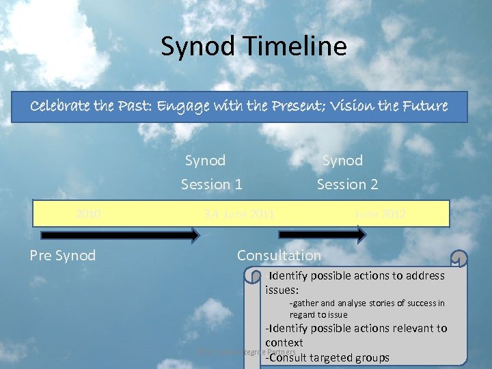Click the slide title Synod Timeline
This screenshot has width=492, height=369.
(254, 46)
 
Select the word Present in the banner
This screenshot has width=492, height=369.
(297, 107)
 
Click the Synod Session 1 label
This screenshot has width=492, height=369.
(211, 172)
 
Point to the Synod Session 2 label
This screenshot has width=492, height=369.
(347, 172)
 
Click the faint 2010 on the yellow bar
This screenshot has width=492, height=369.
(89, 214)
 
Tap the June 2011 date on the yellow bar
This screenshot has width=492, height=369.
(239, 214)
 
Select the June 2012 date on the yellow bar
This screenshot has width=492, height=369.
(380, 214)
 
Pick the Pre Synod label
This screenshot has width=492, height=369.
(63, 256)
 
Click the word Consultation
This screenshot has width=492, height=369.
(278, 256)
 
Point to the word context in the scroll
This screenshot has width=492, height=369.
(284, 342)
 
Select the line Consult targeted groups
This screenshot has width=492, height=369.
(327, 357)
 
